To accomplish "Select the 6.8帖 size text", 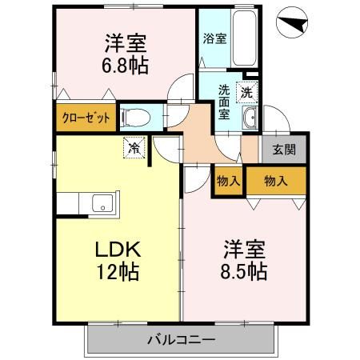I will click(125, 66).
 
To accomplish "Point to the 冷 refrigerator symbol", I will click(136, 147).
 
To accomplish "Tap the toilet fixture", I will click(136, 118).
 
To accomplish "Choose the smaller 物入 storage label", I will click(229, 181).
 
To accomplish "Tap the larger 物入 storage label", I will click(275, 181).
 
